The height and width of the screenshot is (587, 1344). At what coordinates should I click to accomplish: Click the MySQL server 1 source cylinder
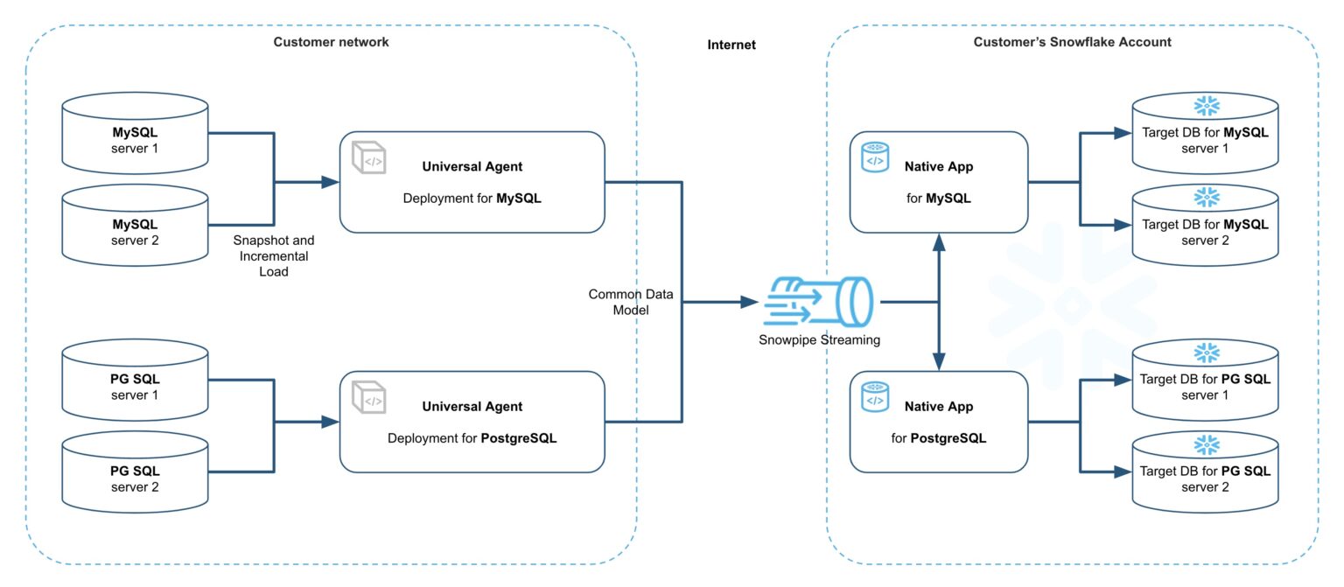point(135,140)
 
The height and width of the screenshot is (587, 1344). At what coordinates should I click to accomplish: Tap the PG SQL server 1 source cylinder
point(135,387)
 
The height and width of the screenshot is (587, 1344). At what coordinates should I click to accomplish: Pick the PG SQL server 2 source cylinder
point(135,478)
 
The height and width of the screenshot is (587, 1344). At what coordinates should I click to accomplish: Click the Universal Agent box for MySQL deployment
point(472,182)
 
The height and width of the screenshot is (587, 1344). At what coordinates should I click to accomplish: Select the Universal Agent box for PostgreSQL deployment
point(472,422)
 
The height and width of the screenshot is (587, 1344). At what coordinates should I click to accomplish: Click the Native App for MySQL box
point(938,182)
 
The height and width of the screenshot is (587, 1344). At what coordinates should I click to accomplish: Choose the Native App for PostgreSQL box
point(938,422)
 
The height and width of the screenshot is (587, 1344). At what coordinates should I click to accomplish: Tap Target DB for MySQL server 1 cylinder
point(1205,137)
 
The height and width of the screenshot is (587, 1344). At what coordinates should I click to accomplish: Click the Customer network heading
point(331,42)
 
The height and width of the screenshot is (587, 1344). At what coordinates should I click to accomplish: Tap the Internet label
point(731,45)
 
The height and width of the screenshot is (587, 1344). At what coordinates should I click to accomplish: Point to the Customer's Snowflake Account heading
point(1072,42)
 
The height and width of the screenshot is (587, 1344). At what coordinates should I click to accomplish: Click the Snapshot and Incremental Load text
point(273,255)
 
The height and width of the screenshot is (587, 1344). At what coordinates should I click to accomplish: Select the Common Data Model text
point(625,302)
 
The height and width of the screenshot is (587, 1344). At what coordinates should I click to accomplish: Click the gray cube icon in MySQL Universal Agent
point(367,157)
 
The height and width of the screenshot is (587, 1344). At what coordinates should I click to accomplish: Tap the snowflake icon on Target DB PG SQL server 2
point(1207,444)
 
